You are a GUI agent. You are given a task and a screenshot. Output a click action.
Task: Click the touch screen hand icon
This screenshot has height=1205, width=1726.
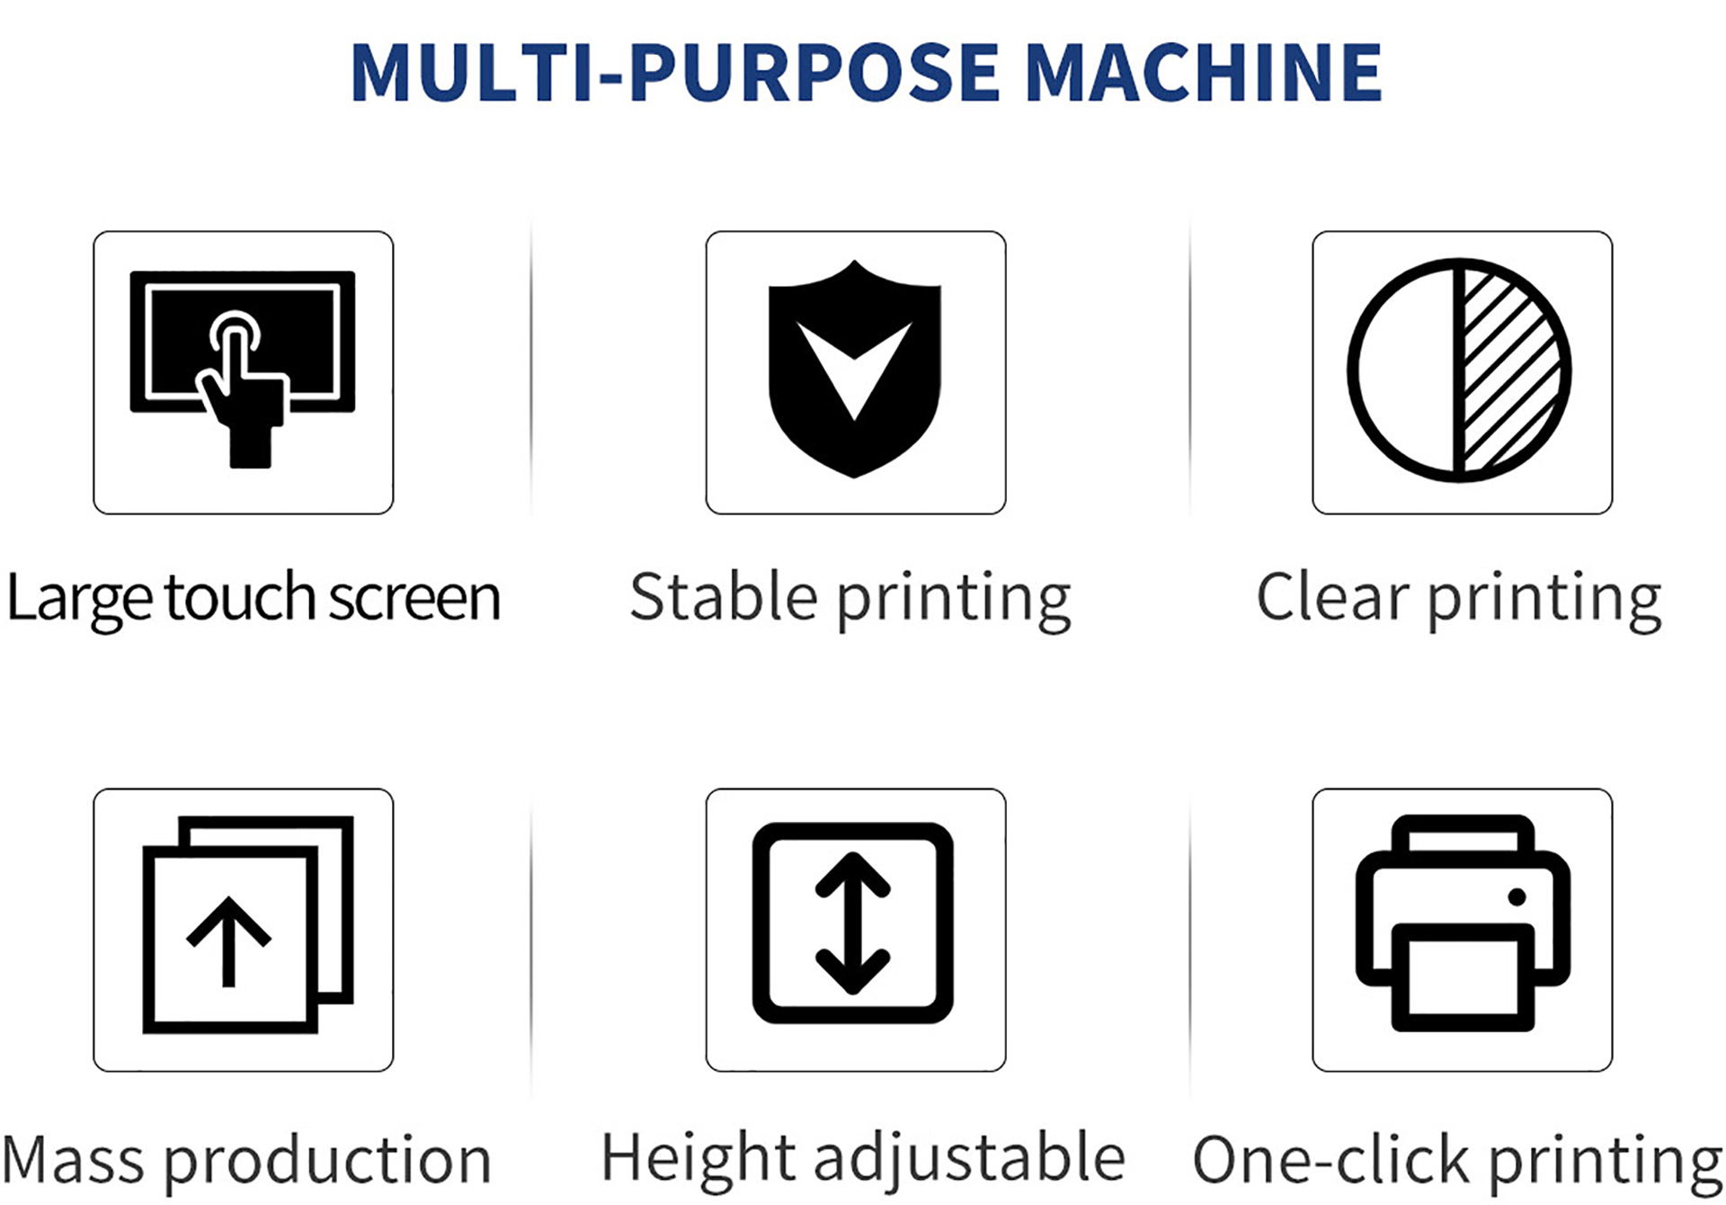click(243, 369)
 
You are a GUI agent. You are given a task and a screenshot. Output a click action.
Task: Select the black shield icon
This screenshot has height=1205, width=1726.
click(855, 369)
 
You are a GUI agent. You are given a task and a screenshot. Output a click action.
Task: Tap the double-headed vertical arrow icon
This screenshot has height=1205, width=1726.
click(852, 924)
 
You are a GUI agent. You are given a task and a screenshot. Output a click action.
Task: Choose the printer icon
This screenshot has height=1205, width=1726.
click(1463, 923)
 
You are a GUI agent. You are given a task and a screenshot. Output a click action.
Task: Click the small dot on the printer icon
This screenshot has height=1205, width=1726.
click(1517, 897)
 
